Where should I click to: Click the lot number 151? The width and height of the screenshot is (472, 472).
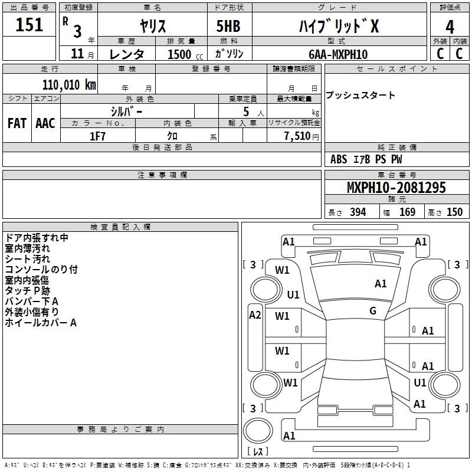(x=29, y=24)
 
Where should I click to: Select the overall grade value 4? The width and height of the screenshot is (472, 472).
(x=450, y=27)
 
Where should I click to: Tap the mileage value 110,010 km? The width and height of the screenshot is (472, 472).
(x=69, y=85)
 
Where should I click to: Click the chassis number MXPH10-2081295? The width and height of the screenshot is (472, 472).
(x=396, y=187)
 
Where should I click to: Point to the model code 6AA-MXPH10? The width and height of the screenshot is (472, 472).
(x=338, y=54)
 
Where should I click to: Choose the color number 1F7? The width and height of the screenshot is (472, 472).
(x=97, y=136)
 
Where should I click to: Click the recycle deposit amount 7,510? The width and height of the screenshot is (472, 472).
(x=297, y=136)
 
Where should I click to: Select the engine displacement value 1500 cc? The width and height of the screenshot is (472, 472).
(x=185, y=54)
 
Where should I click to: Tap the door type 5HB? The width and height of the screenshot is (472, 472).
(x=228, y=26)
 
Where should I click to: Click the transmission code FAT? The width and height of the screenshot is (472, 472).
(x=17, y=123)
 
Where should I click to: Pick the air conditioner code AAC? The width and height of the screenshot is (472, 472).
(x=45, y=123)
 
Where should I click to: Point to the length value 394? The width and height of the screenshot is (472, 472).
(x=358, y=212)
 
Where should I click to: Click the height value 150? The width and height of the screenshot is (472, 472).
(x=454, y=212)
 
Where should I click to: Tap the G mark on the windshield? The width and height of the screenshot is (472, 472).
(x=373, y=311)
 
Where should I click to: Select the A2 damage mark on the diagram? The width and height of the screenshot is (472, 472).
(x=255, y=315)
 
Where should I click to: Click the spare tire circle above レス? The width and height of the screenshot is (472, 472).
(x=258, y=431)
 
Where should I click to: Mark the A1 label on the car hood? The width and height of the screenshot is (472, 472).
(x=381, y=284)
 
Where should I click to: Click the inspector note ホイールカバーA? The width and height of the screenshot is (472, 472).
(x=41, y=323)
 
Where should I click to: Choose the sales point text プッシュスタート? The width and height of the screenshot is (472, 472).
(x=360, y=95)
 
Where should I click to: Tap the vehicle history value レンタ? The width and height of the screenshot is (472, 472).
(x=127, y=54)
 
